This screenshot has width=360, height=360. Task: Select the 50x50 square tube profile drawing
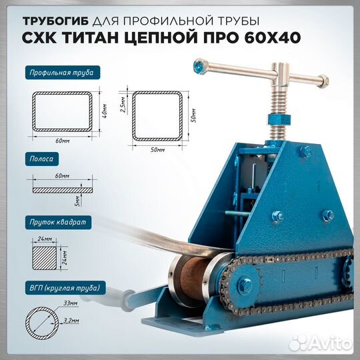click(x=157, y=117)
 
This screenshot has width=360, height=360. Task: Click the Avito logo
click(x=327, y=345)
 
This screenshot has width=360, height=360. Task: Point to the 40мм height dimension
click(x=104, y=116)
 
